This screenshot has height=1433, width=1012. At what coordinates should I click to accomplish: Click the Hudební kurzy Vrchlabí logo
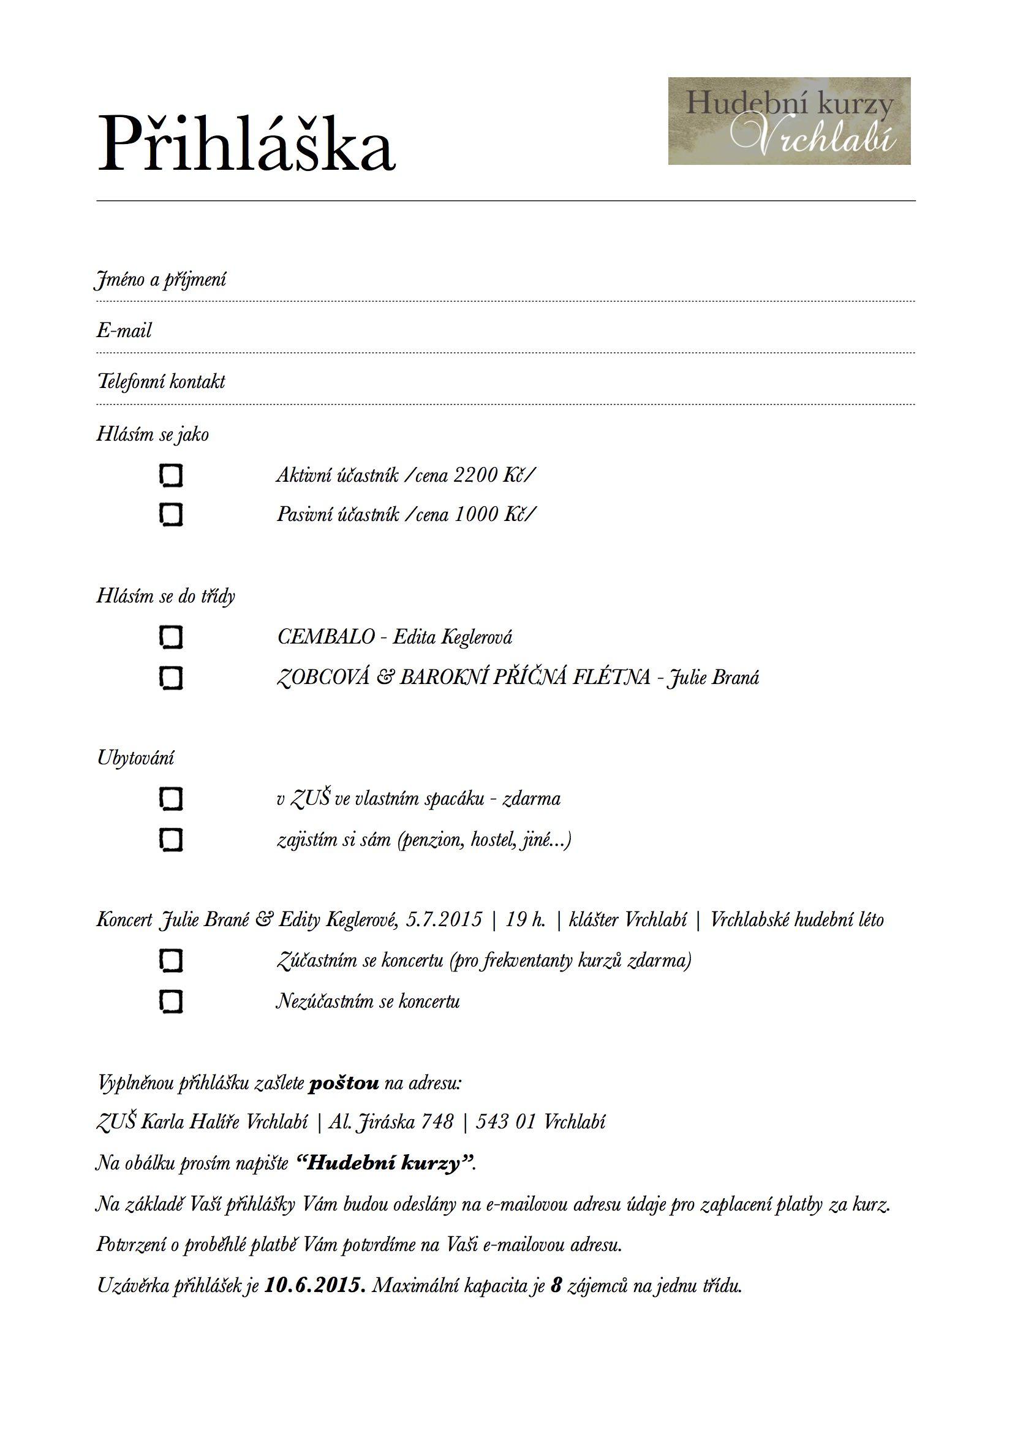(x=788, y=121)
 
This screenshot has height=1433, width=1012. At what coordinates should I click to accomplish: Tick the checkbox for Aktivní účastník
(x=171, y=476)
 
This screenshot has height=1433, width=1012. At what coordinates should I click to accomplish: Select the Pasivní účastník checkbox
(x=171, y=515)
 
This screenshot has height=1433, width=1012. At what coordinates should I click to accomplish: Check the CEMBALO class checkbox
(x=171, y=637)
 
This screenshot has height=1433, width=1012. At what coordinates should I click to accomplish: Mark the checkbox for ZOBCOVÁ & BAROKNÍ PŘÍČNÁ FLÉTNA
(x=171, y=678)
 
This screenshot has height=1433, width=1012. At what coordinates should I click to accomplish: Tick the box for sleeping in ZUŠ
(x=171, y=799)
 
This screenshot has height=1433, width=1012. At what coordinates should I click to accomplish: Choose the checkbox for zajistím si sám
(x=171, y=840)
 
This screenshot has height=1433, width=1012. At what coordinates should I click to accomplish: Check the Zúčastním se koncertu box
(x=171, y=960)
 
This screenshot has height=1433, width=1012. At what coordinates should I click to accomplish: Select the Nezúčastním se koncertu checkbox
(x=171, y=1001)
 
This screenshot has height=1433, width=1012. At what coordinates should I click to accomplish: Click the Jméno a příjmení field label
(x=161, y=279)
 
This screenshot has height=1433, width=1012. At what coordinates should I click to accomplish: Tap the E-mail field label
(x=124, y=330)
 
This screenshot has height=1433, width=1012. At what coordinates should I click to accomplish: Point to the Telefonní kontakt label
(x=161, y=381)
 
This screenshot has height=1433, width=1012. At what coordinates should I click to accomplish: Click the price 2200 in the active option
(x=475, y=476)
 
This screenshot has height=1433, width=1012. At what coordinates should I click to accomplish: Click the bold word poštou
(x=344, y=1083)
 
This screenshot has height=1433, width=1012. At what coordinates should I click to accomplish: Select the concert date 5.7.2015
(x=444, y=920)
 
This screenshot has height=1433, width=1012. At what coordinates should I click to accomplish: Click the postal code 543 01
(x=506, y=1122)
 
